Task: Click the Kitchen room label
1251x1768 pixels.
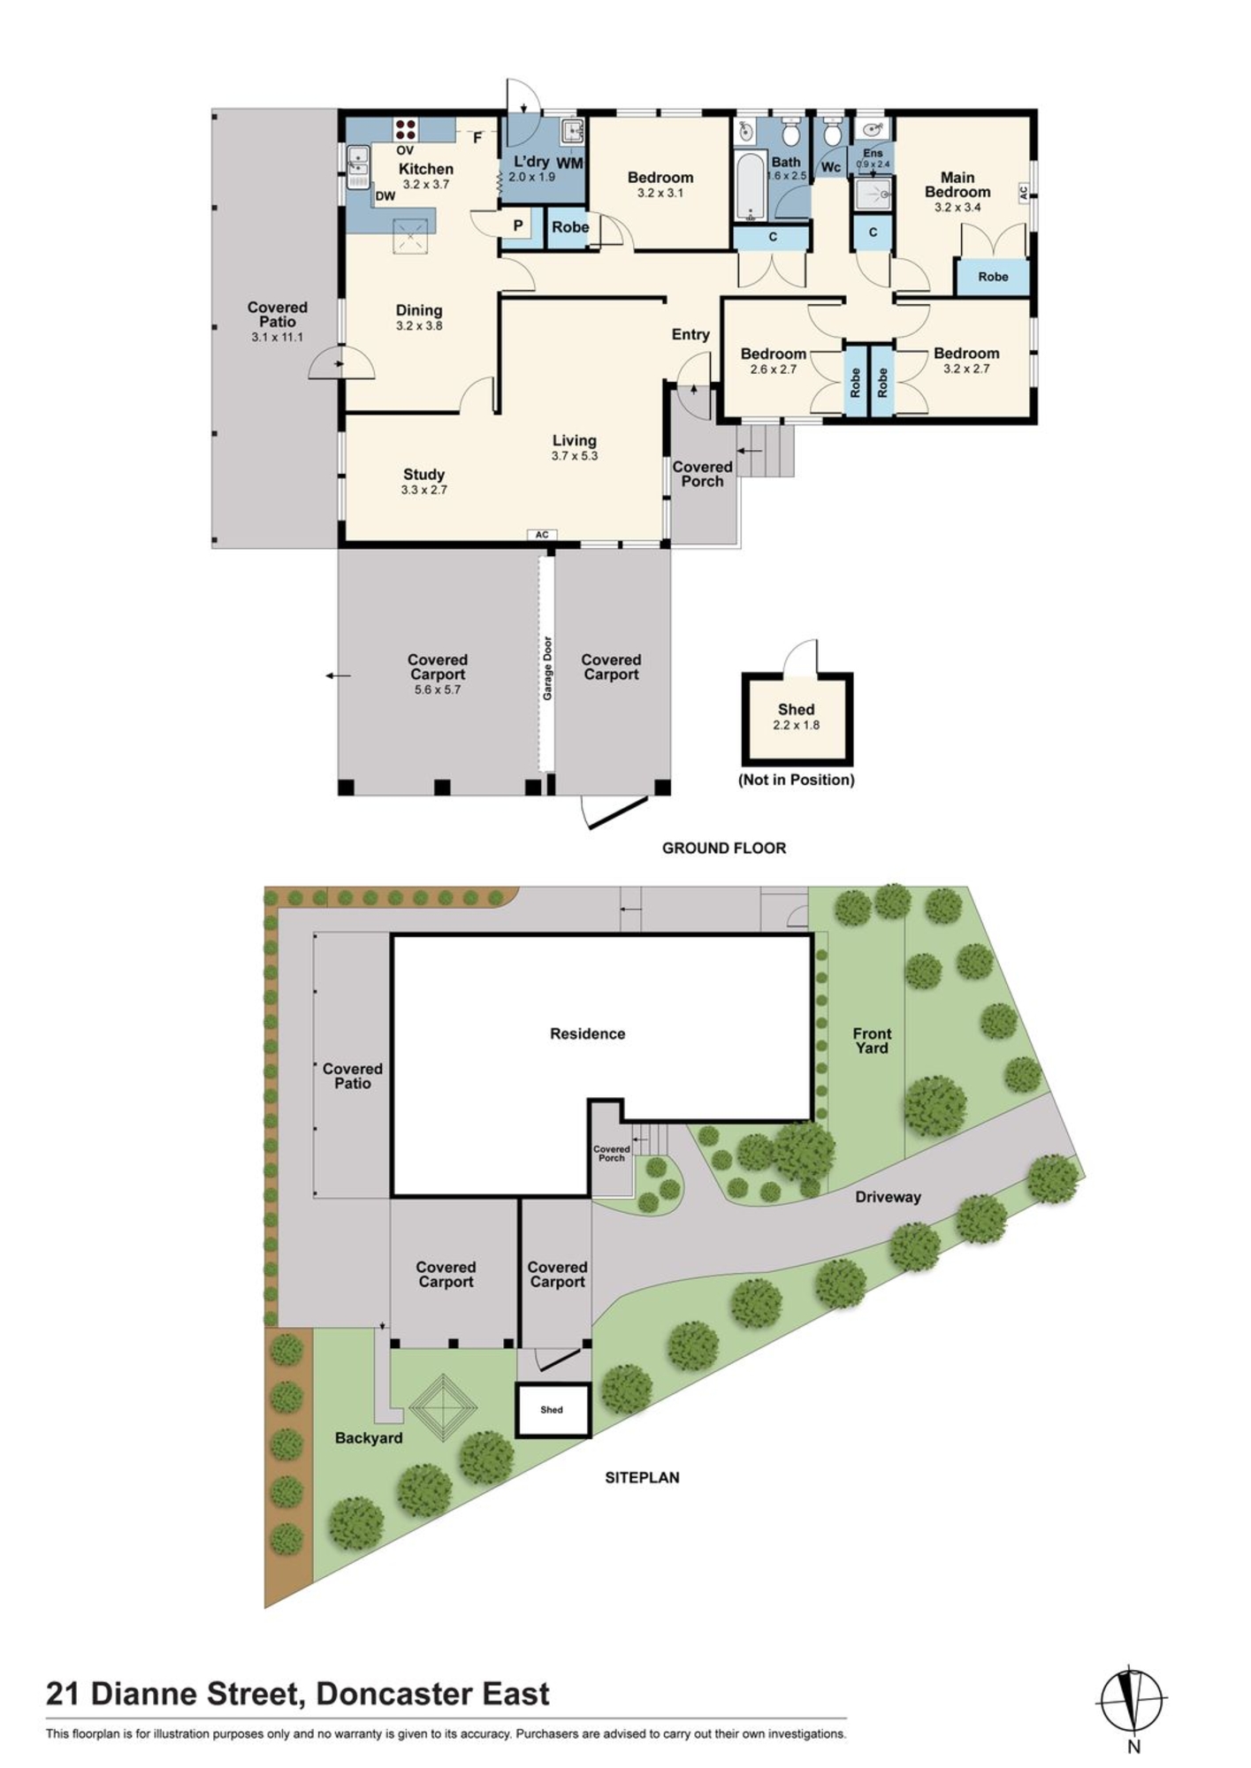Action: pyautogui.click(x=425, y=169)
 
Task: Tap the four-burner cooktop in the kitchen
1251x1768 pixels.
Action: pyautogui.click(x=406, y=129)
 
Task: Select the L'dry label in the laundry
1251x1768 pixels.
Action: pyautogui.click(x=531, y=162)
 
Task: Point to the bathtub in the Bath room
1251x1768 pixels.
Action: pyautogui.click(x=750, y=187)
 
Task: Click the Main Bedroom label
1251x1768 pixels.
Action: pyautogui.click(x=957, y=185)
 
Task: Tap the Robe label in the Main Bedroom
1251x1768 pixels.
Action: pyautogui.click(x=993, y=277)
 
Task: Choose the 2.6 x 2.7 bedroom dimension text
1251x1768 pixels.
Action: pyautogui.click(x=773, y=370)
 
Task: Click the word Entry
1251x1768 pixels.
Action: pyautogui.click(x=690, y=334)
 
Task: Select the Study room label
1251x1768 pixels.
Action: pyautogui.click(x=423, y=475)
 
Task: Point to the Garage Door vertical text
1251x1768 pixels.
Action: pyautogui.click(x=547, y=668)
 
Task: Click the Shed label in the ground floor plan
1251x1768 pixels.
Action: pyautogui.click(x=796, y=709)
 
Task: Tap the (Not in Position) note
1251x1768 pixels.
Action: pyautogui.click(x=797, y=780)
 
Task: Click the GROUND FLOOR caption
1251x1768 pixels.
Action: pyautogui.click(x=724, y=848)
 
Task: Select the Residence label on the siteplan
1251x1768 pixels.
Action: pyautogui.click(x=587, y=1033)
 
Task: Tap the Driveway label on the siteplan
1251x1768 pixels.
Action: pyautogui.click(x=888, y=1197)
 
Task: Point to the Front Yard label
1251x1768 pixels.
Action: pyautogui.click(x=872, y=1040)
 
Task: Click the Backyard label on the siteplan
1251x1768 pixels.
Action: pyautogui.click(x=369, y=1438)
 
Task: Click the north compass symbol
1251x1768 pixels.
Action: pyautogui.click(x=1132, y=1699)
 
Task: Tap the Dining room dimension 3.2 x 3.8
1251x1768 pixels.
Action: pyautogui.click(x=419, y=325)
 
